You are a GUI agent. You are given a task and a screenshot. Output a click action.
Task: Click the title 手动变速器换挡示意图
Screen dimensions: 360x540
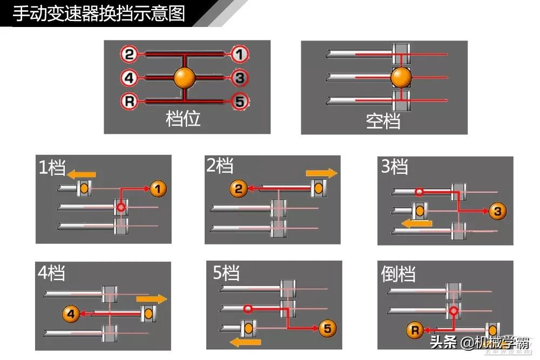tap(98, 13)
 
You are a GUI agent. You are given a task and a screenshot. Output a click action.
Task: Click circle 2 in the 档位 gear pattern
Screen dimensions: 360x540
tap(129, 54)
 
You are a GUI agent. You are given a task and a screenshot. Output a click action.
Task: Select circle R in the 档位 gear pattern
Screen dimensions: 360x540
tap(129, 101)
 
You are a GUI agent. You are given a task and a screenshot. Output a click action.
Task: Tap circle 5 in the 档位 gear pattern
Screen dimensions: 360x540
tap(239, 101)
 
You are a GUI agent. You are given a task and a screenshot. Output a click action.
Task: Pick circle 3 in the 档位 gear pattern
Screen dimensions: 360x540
tap(239, 78)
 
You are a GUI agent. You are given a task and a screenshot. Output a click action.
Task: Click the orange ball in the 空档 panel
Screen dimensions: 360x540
tap(401, 77)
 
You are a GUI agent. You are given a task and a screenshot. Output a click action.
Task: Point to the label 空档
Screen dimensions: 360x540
tap(383, 121)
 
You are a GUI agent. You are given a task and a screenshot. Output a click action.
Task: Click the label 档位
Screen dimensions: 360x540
tap(183, 119)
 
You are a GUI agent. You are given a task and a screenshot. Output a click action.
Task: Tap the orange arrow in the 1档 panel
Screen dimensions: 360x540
tap(81, 174)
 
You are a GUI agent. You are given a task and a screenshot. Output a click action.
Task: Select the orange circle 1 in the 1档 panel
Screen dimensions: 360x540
tap(158, 189)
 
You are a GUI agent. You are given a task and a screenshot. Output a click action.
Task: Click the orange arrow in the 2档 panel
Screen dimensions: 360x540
tap(321, 173)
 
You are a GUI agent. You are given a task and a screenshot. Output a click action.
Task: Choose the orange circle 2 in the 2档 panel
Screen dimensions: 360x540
tap(239, 189)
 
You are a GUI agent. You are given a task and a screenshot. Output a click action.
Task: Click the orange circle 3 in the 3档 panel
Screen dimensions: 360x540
tap(497, 212)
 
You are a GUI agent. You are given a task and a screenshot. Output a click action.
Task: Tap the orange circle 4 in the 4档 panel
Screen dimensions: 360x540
tap(71, 313)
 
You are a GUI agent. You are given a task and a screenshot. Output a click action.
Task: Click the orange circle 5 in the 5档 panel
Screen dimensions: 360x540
tap(328, 328)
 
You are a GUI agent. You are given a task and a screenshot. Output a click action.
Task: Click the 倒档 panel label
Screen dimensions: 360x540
tap(399, 274)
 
